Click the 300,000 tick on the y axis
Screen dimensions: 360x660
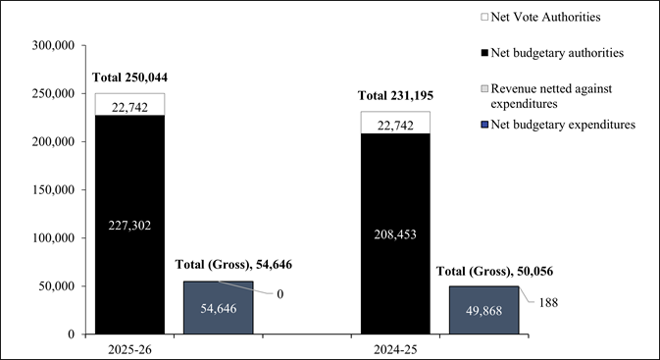[54, 45]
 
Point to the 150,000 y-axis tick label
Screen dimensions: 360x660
[54, 141]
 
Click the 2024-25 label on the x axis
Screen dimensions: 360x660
[395, 348]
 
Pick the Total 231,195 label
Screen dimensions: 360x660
[395, 95]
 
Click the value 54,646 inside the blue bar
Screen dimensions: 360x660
[218, 308]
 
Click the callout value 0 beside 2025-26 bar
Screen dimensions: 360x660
[279, 294]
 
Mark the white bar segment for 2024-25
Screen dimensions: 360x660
[395, 122]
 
